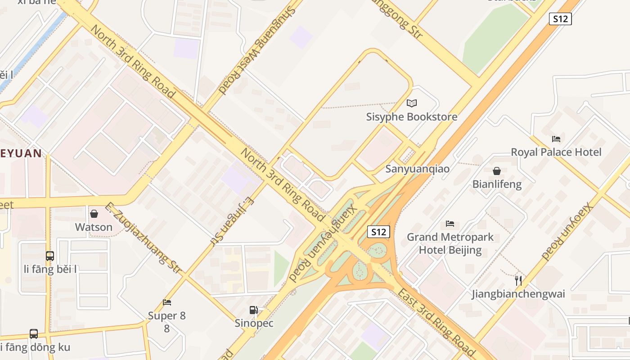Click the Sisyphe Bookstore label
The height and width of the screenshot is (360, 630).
[x=412, y=117]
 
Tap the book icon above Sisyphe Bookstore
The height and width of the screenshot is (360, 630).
[x=412, y=103]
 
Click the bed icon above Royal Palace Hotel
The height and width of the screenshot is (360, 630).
[x=556, y=139]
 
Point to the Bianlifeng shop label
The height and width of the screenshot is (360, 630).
[x=497, y=184]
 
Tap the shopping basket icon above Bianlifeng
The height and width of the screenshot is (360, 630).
[x=497, y=171]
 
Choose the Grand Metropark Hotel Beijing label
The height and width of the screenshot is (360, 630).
[x=450, y=243]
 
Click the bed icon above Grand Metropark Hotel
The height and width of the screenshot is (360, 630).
[x=450, y=224]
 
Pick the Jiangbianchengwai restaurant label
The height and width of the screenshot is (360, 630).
[x=518, y=294]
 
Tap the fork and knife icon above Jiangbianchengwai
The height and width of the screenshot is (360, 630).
[x=518, y=281]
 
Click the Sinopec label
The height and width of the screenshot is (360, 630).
[x=254, y=323]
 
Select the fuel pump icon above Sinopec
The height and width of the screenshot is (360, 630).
[x=254, y=310]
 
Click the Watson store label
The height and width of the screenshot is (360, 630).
[x=94, y=227]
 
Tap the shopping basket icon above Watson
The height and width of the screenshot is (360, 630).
[x=94, y=214]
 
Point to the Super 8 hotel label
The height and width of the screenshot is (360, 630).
[x=167, y=316]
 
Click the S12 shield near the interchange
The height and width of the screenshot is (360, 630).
[x=378, y=232]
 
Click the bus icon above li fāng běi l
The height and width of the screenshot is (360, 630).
[x=50, y=256]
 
